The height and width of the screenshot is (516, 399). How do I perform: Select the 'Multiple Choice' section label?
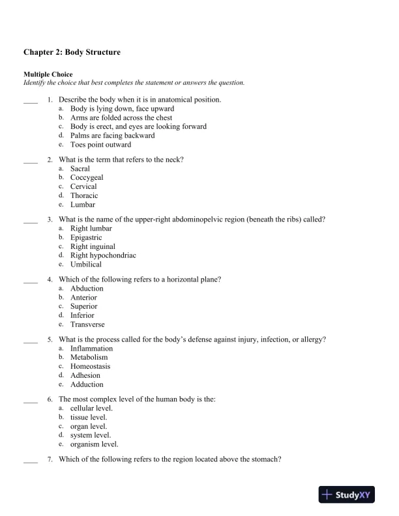(48, 75)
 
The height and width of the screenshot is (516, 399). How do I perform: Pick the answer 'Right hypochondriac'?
(103, 255)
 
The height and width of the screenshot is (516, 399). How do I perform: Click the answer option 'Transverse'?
(87, 324)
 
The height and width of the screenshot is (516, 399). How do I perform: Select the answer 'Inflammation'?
(91, 349)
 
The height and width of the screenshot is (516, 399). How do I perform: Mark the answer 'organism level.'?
(95, 444)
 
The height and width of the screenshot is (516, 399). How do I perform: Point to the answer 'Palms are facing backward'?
(113, 136)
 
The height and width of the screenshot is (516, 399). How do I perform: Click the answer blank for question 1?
(31, 100)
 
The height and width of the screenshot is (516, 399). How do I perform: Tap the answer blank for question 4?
(31, 280)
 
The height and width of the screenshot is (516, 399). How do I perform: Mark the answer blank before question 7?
(31, 460)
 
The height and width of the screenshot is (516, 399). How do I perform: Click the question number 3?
(50, 220)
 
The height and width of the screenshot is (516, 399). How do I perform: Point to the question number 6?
(50, 399)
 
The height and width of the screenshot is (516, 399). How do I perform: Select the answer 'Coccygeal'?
(87, 177)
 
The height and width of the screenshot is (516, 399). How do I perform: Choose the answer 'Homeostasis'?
(90, 367)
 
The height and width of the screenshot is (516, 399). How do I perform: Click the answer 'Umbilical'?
(86, 265)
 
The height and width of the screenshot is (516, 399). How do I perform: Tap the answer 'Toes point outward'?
(100, 145)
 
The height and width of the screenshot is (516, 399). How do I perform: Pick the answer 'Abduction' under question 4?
(87, 289)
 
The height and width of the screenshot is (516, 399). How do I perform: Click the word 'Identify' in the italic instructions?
(36, 83)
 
